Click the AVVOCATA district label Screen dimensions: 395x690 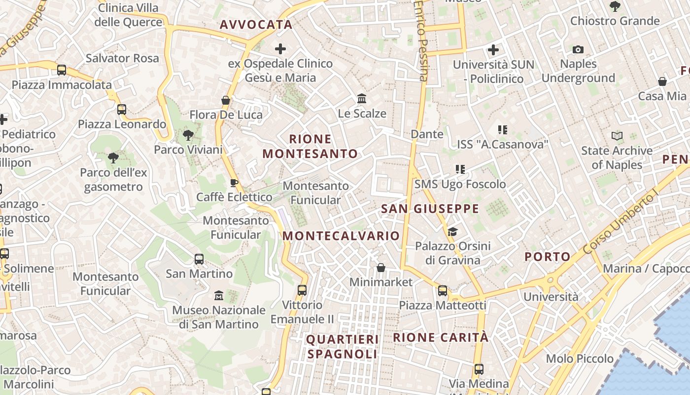(x=256, y=25)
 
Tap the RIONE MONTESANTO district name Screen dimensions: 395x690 (x=310, y=146)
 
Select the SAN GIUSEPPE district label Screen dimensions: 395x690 (x=430, y=209)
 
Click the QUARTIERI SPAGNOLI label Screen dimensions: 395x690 (x=343, y=347)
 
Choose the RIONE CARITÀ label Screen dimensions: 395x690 (x=441, y=338)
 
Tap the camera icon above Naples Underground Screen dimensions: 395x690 (x=578, y=49)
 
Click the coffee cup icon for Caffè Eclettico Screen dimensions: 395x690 (x=234, y=183)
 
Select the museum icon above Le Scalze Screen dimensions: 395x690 (x=362, y=99)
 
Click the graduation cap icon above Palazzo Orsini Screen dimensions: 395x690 (x=452, y=232)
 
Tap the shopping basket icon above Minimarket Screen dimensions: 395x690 (x=380, y=268)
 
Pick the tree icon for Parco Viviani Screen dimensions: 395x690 (x=188, y=135)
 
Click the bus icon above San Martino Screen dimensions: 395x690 (x=199, y=259)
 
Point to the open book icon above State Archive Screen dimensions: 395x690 (x=617, y=136)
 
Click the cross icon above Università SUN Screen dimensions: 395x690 (x=493, y=50)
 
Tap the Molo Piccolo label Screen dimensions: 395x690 (x=580, y=358)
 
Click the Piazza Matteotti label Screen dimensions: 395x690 (x=442, y=305)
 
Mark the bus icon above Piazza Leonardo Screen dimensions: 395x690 (x=122, y=110)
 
